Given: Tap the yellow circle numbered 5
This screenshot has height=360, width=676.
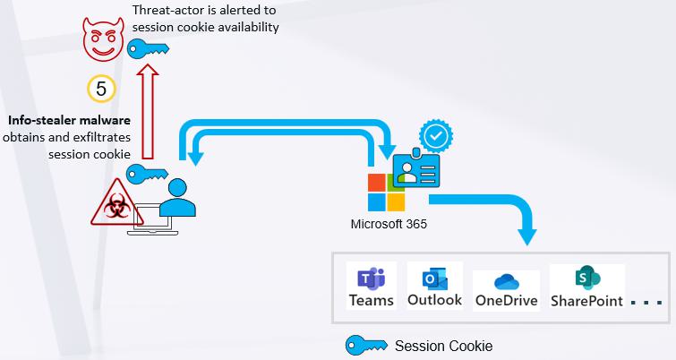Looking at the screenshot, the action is coord(101,89).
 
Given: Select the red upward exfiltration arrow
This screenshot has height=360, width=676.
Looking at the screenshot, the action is coord(148,111).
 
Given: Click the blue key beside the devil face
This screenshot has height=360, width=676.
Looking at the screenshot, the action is coord(148,48).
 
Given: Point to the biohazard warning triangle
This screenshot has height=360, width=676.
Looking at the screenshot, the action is coord(116,203).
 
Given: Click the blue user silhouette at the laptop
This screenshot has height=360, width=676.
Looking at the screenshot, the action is coord(177,197).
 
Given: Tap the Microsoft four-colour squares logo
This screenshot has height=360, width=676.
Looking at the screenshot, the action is coord(386,193).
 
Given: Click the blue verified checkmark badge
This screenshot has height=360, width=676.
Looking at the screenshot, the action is coord(436,136).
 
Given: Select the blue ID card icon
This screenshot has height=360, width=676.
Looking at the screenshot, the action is coord(416,169).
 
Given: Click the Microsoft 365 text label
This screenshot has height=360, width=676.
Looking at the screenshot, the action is coord(389,224).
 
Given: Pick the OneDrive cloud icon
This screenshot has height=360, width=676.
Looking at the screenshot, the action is coord(507,282).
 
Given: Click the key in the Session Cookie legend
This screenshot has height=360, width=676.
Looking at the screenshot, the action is coord(366,345).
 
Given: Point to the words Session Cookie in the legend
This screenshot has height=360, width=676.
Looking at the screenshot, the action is coord(443,346).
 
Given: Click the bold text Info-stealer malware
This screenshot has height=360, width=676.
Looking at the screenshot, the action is coord(69,120).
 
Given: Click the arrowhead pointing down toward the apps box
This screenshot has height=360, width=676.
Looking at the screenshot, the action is coord(526,236).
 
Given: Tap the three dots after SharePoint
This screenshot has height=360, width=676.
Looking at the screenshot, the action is coord(646,303).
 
